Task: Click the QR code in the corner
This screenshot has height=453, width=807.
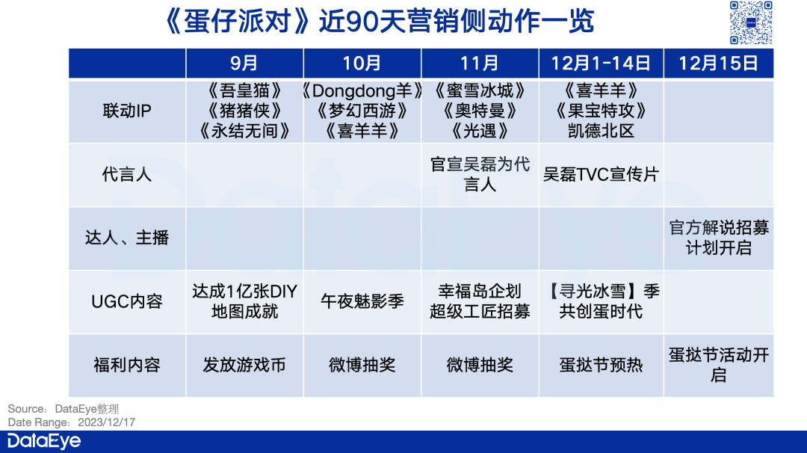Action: click(751, 22)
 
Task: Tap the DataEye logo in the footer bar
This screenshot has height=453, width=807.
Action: click(44, 441)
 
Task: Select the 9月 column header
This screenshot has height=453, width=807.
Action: click(244, 64)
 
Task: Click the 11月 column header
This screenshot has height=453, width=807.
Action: click(480, 64)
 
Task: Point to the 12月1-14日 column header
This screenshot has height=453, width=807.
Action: click(601, 64)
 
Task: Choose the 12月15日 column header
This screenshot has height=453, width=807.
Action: click(719, 64)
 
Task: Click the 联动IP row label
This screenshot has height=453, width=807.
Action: click(127, 111)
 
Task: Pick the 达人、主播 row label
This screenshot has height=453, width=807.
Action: click(127, 238)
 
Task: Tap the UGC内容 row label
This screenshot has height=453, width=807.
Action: click(127, 301)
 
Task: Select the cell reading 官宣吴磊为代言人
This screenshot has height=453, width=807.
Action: click(480, 174)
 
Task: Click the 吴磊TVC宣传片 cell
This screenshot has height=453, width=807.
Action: click(601, 174)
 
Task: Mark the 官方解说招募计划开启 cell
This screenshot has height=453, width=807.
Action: click(719, 237)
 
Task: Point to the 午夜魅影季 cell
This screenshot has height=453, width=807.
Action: click(362, 301)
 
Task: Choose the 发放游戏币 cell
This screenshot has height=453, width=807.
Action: click(244, 365)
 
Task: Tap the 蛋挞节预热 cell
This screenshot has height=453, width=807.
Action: click(601, 365)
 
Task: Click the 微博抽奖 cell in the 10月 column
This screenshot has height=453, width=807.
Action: click(362, 365)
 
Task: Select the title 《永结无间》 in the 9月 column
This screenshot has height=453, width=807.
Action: click(244, 132)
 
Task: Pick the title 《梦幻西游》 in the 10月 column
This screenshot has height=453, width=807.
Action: click(362, 111)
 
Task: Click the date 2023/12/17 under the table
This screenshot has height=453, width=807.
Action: click(107, 422)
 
